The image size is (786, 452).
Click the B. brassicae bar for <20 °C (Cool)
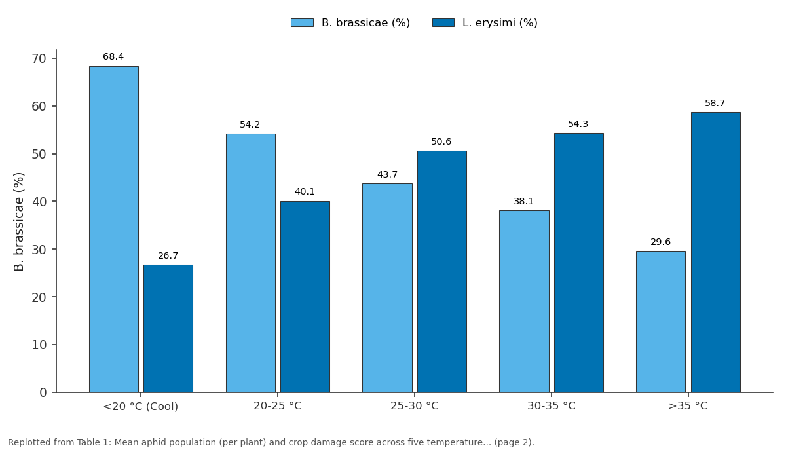(114, 229)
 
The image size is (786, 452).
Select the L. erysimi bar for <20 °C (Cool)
(168, 328)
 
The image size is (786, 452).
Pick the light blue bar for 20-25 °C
(250, 263)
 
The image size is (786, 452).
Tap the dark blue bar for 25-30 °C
(441, 272)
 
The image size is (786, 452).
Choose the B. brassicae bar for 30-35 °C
(524, 301)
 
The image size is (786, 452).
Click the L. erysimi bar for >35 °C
(715, 252)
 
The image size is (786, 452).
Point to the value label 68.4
(113, 56)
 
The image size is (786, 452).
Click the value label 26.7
(168, 255)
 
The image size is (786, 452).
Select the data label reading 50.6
(441, 141)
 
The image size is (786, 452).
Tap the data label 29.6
(660, 242)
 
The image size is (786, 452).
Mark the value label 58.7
(715, 103)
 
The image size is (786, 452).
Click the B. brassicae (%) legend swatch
(302, 22)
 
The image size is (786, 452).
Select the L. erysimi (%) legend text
(500, 22)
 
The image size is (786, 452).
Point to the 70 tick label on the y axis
(39, 58)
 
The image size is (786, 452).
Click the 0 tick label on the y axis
(43, 392)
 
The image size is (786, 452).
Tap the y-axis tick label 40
(39, 202)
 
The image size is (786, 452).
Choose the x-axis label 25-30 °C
(415, 405)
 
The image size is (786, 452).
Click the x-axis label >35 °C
(688, 405)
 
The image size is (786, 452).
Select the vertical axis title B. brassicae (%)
(18, 222)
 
